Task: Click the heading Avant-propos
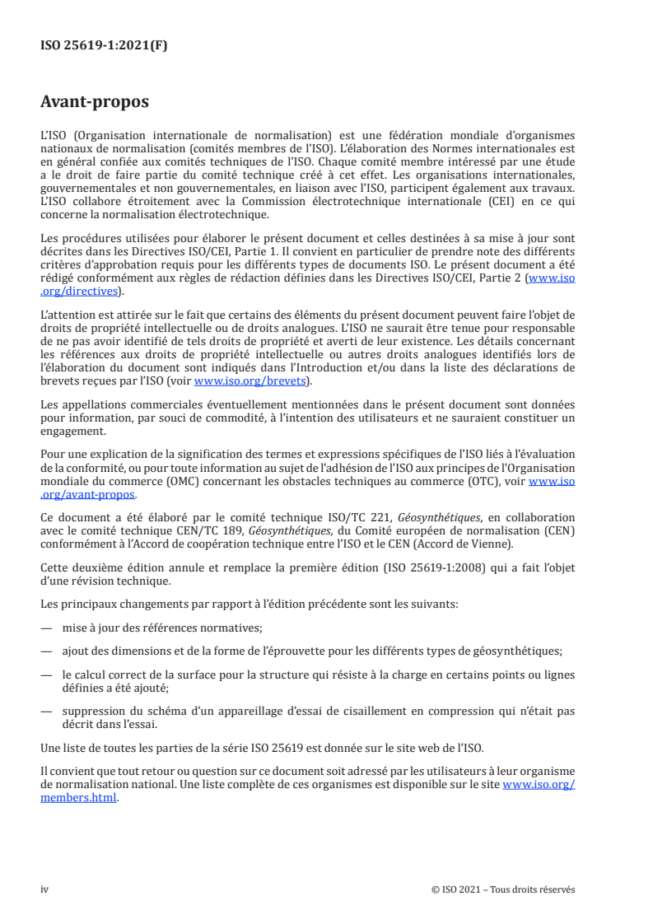[x=95, y=102]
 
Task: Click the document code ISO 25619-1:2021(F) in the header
[x=104, y=46]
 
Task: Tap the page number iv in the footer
[x=44, y=889]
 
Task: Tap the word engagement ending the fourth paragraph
[x=72, y=430]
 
